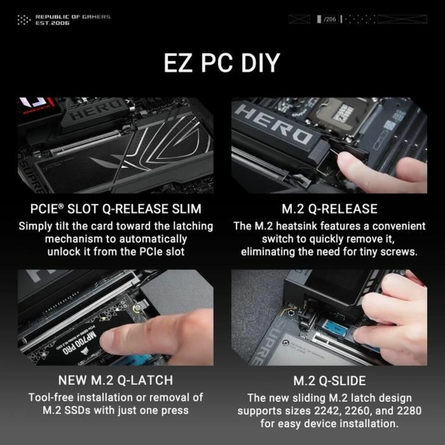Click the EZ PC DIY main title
pyautogui.click(x=221, y=63)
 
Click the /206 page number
pyautogui.click(x=329, y=20)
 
